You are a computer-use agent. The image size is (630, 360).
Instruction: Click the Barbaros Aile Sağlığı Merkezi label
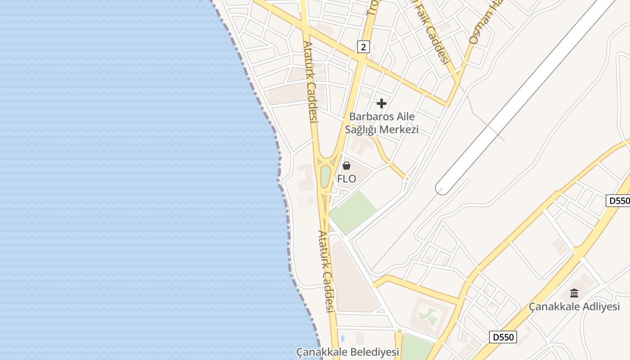(x=382, y=123)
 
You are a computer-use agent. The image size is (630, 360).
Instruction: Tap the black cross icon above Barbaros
(x=382, y=104)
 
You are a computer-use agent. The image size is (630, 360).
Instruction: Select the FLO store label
(x=346, y=179)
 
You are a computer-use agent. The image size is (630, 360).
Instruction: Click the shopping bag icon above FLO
(x=346, y=166)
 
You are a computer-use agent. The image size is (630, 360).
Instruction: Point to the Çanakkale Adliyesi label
(x=574, y=307)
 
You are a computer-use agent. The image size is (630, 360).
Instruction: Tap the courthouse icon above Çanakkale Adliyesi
(x=574, y=293)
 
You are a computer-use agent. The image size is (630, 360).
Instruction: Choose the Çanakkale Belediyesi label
(x=348, y=351)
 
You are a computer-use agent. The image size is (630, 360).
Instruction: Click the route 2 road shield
(x=363, y=46)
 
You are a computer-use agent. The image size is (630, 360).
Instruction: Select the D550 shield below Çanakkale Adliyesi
(x=503, y=337)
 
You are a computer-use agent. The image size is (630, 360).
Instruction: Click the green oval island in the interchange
(x=325, y=177)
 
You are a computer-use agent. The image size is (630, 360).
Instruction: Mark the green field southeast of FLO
(x=354, y=211)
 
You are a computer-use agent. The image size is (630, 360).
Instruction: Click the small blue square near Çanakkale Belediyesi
(x=343, y=338)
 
